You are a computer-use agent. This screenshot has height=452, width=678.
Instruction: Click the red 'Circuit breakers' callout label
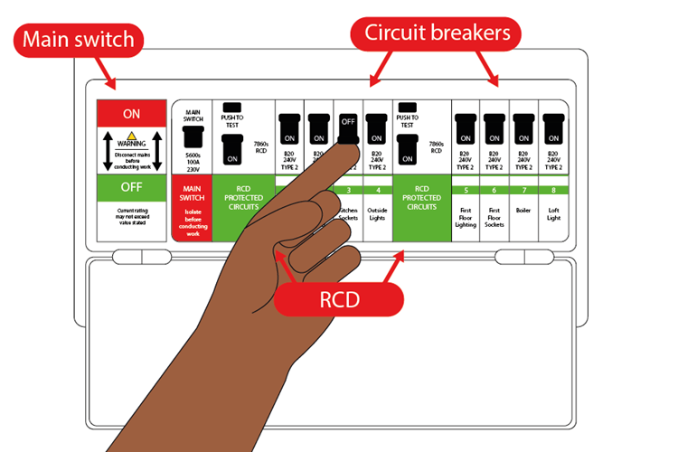(437, 33)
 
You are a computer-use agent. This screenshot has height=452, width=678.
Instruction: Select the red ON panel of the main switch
(132, 113)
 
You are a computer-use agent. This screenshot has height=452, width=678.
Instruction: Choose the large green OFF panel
(132, 188)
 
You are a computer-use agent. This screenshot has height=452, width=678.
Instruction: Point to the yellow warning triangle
(132, 135)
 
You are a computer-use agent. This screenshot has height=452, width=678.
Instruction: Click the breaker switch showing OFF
(348, 127)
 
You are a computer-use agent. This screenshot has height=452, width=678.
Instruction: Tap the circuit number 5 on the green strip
(466, 190)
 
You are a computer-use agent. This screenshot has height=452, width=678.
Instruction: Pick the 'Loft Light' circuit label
(553, 215)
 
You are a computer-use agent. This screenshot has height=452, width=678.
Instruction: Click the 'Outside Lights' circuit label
(378, 215)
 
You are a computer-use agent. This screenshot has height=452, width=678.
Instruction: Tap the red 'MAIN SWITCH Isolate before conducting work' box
(192, 208)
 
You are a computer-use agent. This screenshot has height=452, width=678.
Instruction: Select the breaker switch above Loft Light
(553, 129)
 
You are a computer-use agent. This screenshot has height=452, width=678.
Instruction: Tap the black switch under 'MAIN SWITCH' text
(192, 136)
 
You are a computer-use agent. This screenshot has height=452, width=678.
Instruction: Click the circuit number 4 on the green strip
(378, 190)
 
